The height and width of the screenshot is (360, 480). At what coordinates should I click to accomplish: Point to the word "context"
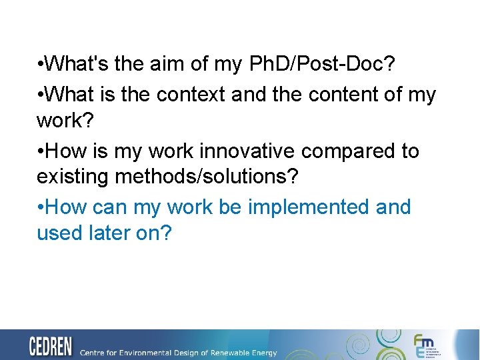[x=191, y=95]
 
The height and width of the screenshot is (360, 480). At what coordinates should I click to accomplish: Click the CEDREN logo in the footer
[x=51, y=347]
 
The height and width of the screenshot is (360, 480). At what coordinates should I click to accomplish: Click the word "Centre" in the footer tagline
[x=93, y=352]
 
